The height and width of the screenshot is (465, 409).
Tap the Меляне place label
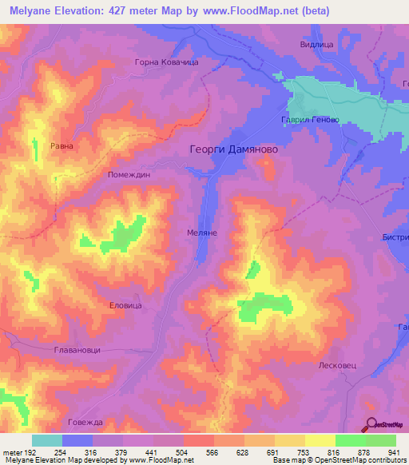coord(202,232)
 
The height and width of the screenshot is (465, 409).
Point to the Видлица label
coord(316,46)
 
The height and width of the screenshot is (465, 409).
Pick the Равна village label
coord(62,146)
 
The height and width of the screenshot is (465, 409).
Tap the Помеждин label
coord(129,173)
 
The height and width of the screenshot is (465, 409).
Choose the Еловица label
coord(125,305)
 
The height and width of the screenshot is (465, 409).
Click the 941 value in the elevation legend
coord(394,451)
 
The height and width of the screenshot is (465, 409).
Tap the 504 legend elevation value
coord(181,451)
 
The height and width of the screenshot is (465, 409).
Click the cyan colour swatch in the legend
coord(47,440)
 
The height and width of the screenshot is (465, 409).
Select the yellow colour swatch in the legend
coord(320,440)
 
